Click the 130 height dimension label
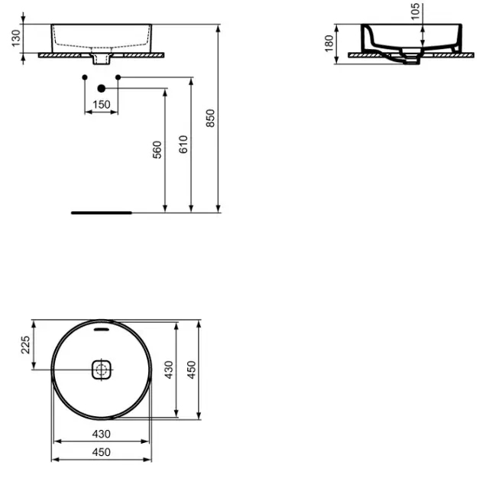(x=16, y=38)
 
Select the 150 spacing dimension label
(x=102, y=105)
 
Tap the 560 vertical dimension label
(x=157, y=150)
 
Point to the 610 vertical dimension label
(x=183, y=145)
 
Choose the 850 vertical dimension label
(x=210, y=118)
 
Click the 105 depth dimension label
(x=416, y=11)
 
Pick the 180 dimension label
(x=329, y=44)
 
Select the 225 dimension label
(x=25, y=345)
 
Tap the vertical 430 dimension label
(x=169, y=370)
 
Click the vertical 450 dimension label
(x=191, y=370)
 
